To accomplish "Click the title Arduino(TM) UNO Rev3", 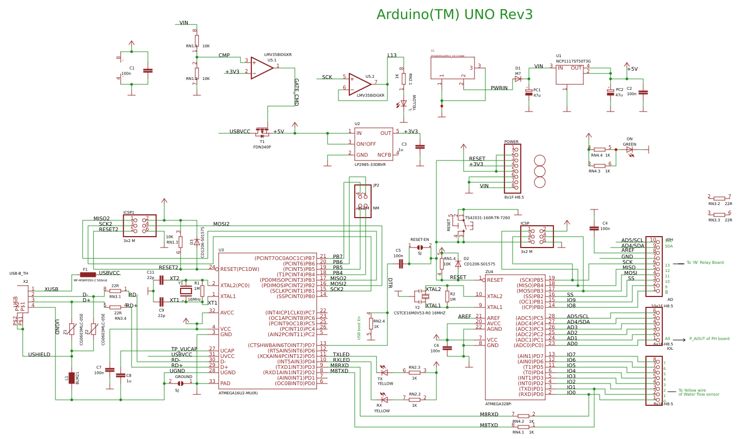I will coord(454,15).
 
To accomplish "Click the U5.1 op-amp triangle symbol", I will coord(261,67).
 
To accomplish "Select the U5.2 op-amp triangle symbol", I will coord(360,84).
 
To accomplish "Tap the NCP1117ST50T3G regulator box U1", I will coord(569,75).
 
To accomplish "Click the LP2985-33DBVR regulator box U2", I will coord(373,144).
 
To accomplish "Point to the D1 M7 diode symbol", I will coord(518,79).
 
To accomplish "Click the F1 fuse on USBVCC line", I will coord(87,275).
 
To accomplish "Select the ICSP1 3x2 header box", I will coord(140,225).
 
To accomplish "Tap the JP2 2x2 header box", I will coord(362,201).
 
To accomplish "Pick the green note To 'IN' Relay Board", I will coord(705,263).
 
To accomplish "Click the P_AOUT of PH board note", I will coord(709,338).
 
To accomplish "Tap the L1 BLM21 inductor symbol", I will coord(71,378).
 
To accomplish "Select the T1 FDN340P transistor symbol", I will coord(262,132).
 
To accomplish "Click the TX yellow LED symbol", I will coord(384,372).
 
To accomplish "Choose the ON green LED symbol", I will coord(630,149).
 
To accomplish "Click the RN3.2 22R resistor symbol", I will coord(719,199).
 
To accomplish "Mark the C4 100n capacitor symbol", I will coord(594,228).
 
